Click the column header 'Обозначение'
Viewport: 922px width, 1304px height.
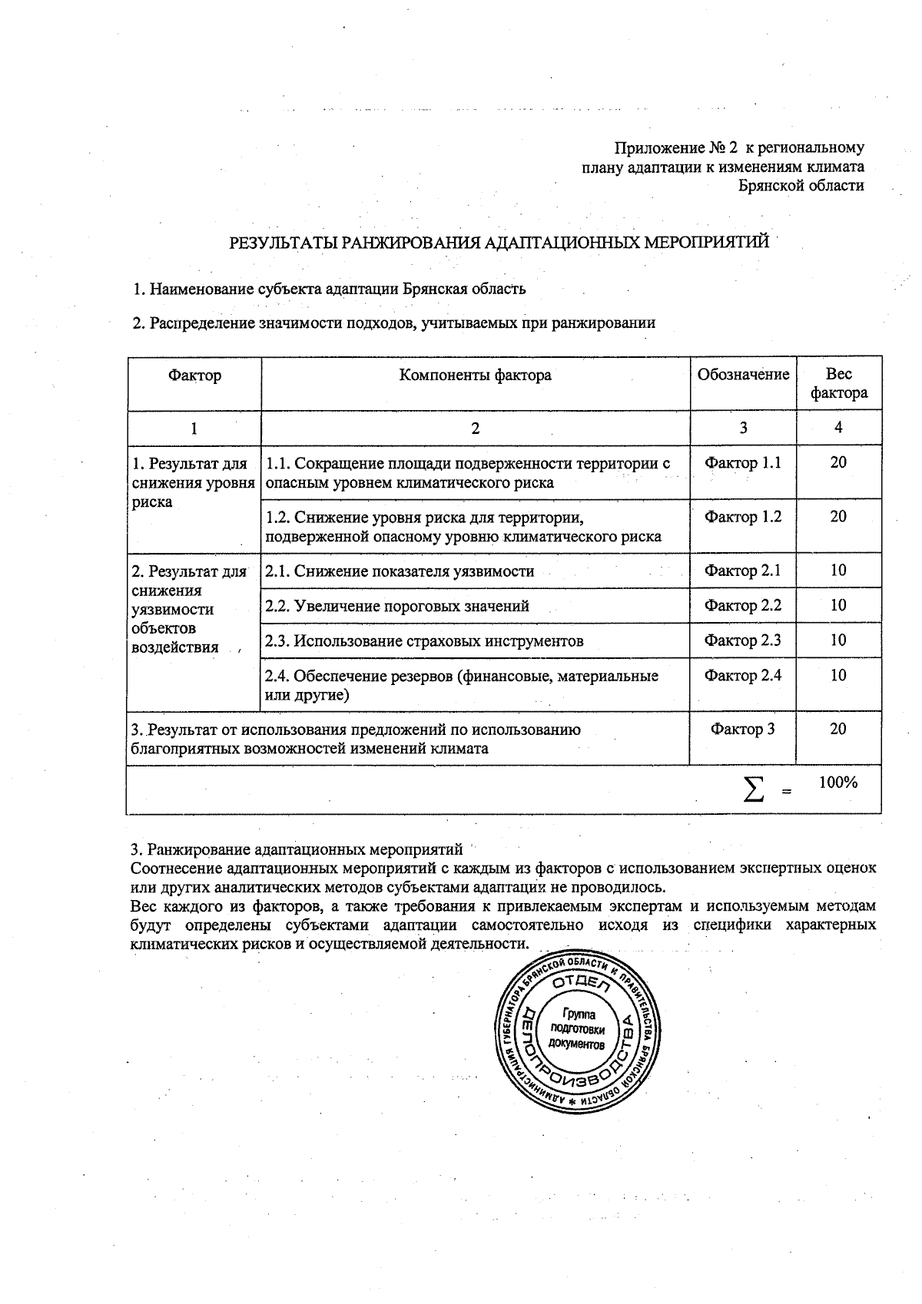743,375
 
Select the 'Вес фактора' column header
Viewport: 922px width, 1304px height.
838,383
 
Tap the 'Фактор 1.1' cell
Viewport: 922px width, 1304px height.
743,463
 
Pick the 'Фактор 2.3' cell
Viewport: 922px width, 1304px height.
743,640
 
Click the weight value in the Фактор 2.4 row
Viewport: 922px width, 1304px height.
838,676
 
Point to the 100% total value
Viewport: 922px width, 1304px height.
838,783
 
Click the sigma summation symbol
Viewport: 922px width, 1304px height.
755,789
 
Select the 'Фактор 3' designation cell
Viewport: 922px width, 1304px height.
743,730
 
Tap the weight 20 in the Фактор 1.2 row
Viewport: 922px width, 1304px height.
838,517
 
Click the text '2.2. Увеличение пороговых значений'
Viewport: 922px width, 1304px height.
397,606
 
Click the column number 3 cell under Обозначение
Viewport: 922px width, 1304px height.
743,428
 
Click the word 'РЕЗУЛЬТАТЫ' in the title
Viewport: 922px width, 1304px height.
284,243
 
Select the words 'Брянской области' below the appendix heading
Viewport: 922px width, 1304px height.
801,185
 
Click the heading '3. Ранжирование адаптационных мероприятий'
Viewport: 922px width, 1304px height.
297,849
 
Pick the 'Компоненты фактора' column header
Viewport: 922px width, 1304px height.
475,375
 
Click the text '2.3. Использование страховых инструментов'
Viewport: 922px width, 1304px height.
424,640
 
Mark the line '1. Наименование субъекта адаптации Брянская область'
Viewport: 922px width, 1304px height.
330,289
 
